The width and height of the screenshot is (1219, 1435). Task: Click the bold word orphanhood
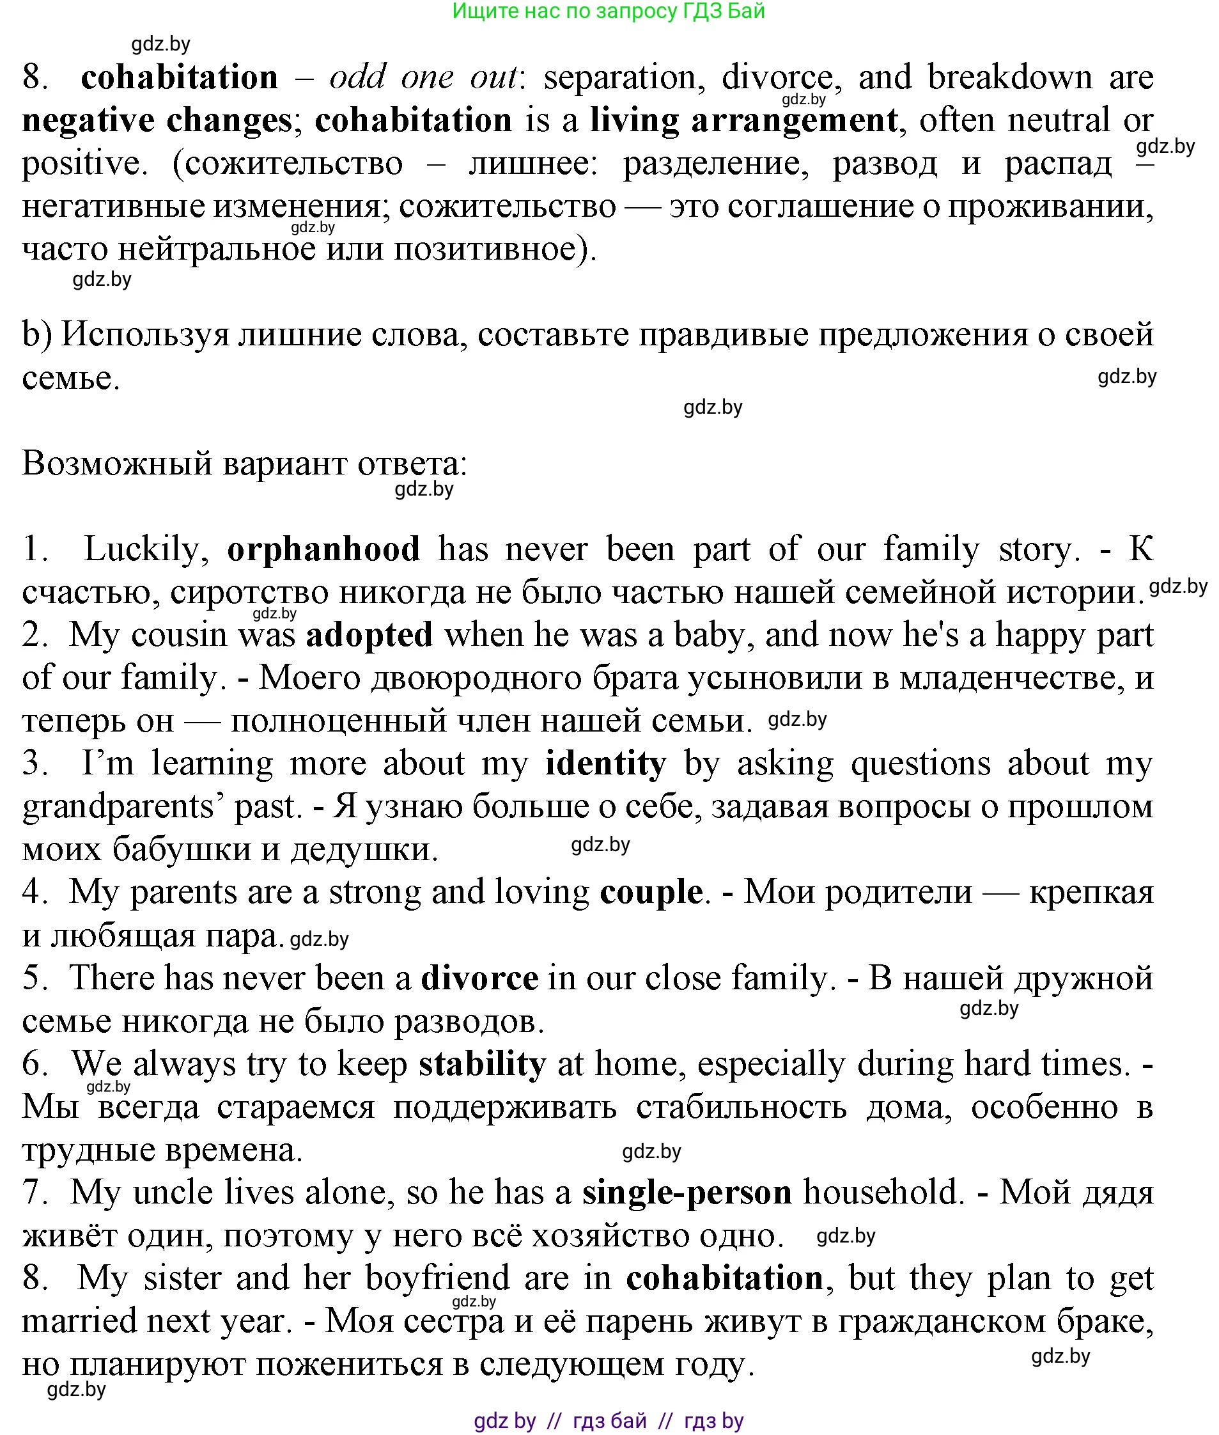click(x=323, y=549)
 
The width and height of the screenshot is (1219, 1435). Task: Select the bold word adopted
click(x=369, y=634)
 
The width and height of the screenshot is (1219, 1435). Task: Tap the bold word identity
click(x=605, y=764)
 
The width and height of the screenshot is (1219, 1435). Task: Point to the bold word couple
click(x=651, y=892)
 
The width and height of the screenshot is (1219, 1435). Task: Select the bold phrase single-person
click(x=687, y=1193)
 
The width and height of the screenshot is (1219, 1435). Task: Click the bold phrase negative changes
click(x=157, y=121)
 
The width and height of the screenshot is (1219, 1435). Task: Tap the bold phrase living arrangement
click(x=743, y=121)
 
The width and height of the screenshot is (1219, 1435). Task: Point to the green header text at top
click(x=608, y=11)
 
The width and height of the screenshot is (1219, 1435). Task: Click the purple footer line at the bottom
click(x=608, y=1421)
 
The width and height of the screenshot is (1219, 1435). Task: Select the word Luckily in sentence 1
click(x=146, y=549)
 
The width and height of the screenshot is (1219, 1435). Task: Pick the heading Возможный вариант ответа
click(x=245, y=463)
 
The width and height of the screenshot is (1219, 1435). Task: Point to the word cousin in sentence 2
click(x=178, y=634)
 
